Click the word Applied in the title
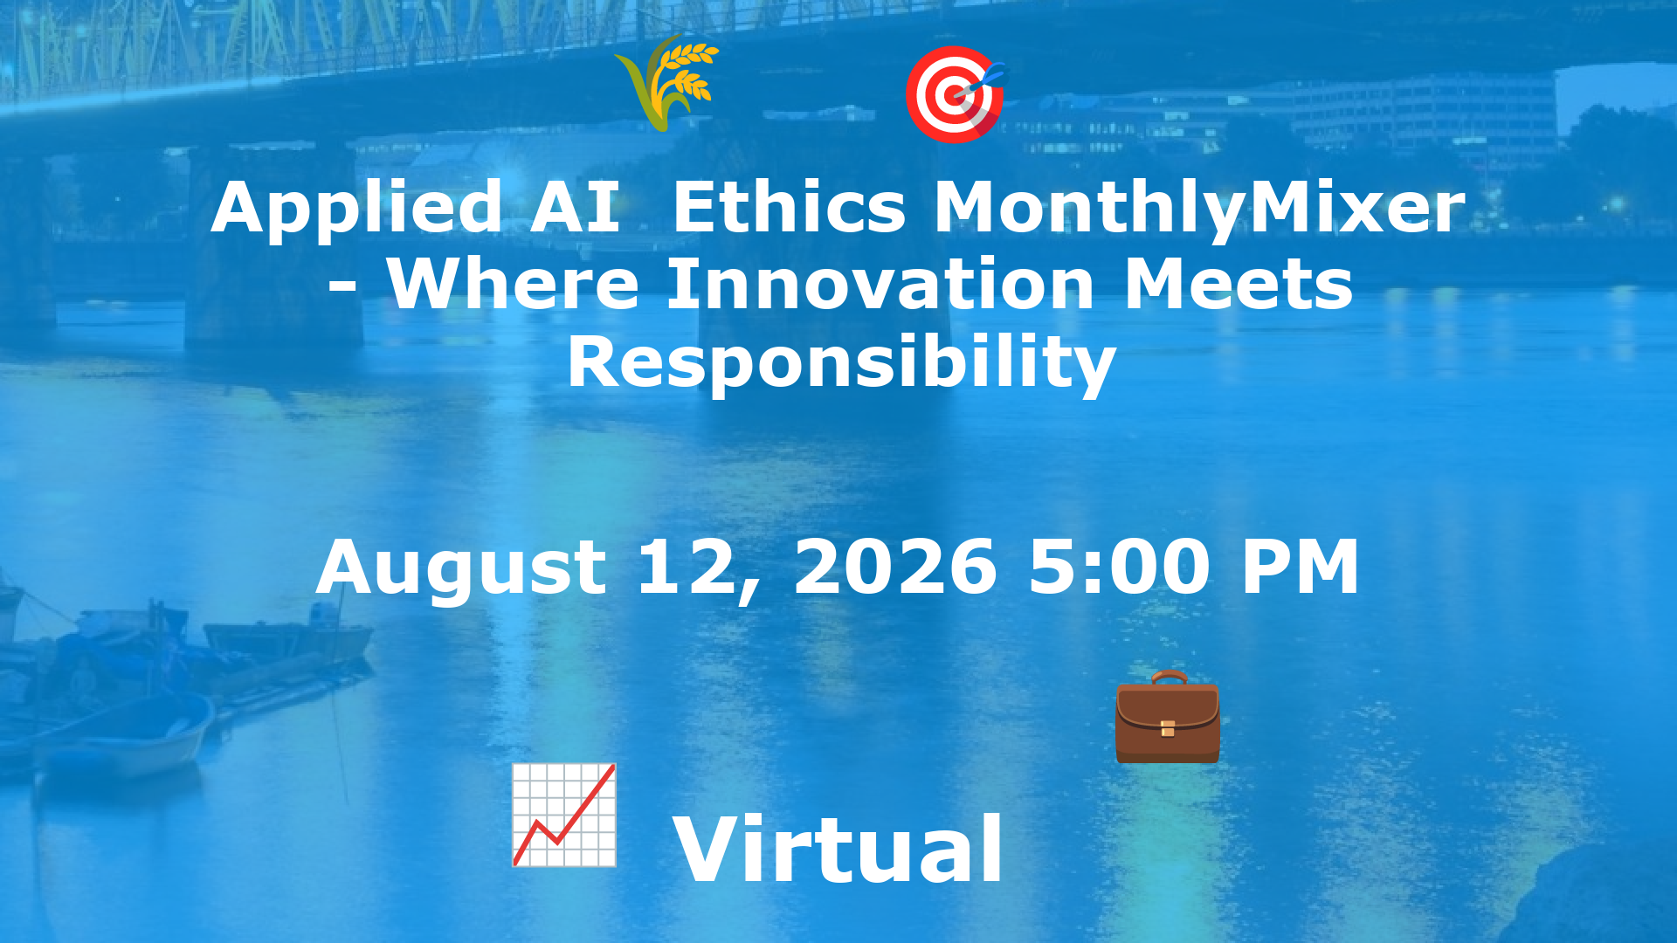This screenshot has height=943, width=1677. coord(356,210)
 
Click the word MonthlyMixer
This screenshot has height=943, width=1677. coord(1199,210)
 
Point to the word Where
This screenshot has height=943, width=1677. coord(514,285)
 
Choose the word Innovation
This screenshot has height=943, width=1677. coord(880,285)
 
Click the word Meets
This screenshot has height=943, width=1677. coord(1238,285)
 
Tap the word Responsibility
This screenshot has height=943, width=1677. coord(841,363)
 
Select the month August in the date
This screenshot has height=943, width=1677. coord(461,568)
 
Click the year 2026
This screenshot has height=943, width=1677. coord(894,568)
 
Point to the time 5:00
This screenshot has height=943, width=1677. coord(1119,568)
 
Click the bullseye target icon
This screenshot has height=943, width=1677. coord(954,93)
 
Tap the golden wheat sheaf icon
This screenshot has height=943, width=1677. coord(667,83)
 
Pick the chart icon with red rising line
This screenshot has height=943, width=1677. coord(564,815)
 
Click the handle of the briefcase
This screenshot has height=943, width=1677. coord(1168,678)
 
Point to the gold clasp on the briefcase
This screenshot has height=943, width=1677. coord(1168,728)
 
